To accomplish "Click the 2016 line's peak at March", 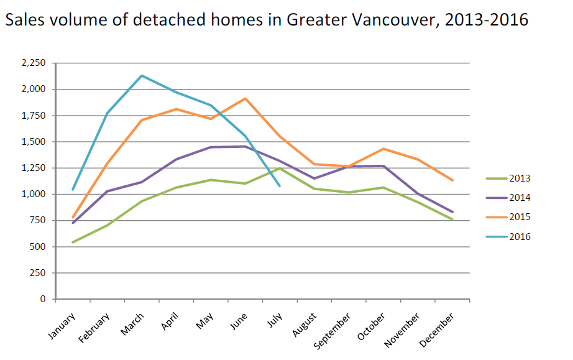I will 142,76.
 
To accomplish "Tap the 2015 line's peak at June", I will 245,98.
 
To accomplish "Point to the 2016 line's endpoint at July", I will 280,185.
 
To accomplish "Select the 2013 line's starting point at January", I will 73,242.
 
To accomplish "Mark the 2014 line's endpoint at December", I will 452,212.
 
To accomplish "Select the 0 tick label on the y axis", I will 43,299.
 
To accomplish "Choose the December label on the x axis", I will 440,325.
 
